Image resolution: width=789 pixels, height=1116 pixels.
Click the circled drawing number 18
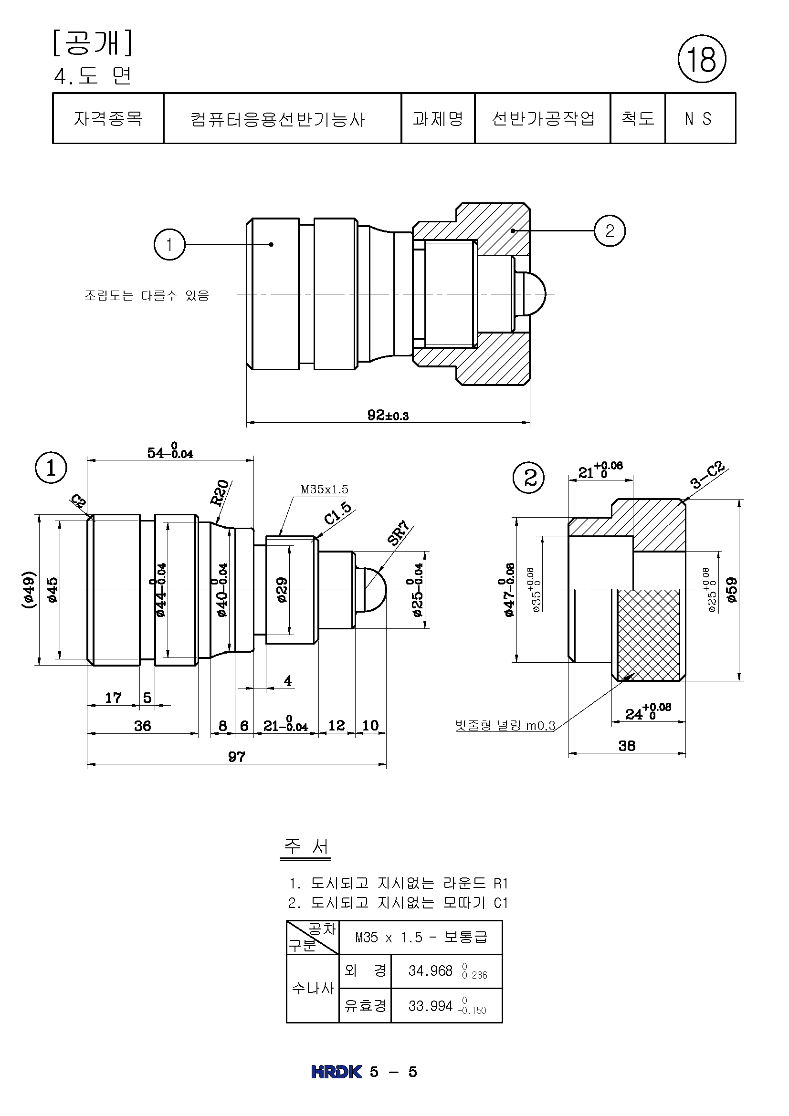(x=702, y=59)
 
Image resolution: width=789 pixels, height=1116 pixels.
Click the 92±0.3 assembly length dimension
(x=388, y=415)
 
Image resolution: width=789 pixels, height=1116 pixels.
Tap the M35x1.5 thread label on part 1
(x=324, y=490)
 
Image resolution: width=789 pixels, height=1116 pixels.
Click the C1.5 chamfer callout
(x=338, y=513)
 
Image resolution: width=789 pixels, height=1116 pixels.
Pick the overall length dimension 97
(x=237, y=756)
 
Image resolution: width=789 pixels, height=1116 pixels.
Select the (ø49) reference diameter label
(x=28, y=590)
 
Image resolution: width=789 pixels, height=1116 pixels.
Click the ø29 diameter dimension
(x=282, y=590)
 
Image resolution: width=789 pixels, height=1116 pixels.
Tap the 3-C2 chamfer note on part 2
(x=707, y=475)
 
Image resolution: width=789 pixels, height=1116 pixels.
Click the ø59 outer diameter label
(x=732, y=590)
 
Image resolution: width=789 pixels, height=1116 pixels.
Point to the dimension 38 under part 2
(x=627, y=746)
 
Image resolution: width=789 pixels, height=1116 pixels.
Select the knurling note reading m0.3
(x=505, y=726)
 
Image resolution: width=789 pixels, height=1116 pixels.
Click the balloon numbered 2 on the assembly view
(x=610, y=230)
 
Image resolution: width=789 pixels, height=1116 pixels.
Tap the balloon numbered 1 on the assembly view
(x=169, y=244)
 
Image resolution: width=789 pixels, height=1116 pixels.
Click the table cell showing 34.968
(x=446, y=971)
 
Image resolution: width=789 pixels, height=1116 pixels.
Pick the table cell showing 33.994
(x=446, y=1006)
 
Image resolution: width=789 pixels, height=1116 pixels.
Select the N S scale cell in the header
(x=699, y=119)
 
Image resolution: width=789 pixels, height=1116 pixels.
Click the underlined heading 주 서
(x=306, y=846)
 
